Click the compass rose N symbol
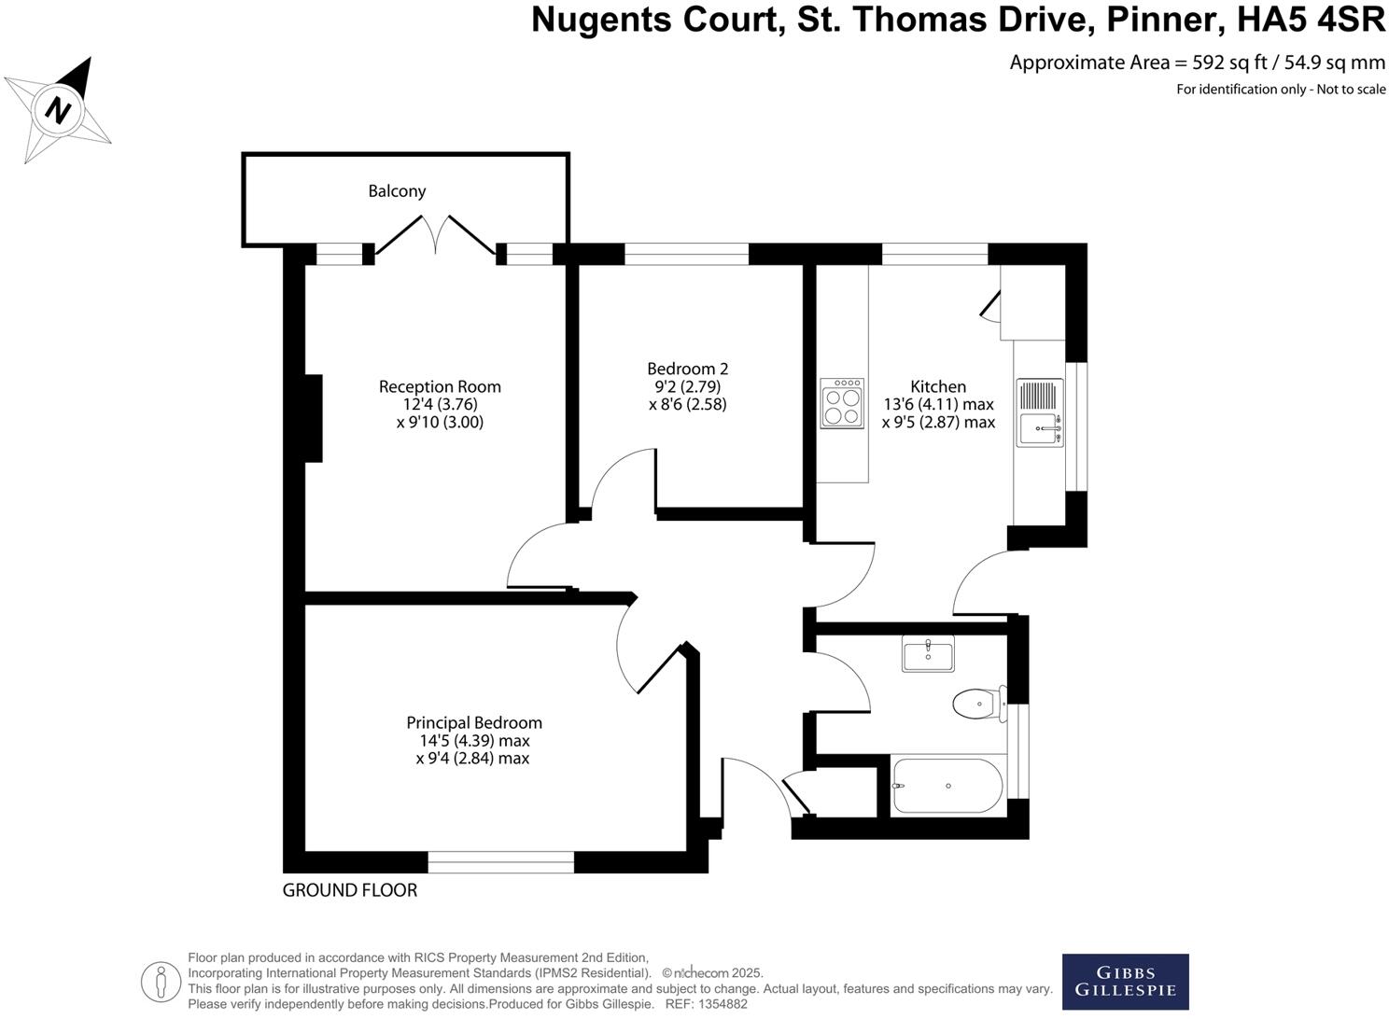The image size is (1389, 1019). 60,109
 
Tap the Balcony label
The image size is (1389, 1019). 397,191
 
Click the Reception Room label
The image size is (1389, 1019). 440,386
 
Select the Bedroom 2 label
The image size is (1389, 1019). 687,369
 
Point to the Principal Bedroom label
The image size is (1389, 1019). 474,722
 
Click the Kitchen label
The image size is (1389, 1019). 938,386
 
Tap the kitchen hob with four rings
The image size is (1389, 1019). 843,403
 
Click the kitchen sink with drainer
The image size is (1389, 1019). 1040,412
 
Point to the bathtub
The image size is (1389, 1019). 947,786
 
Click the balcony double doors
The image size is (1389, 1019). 436,235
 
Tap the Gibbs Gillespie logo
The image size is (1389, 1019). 1125,982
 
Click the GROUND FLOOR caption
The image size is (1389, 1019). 350,890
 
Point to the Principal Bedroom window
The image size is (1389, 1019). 501,862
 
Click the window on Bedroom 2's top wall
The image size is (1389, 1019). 686,254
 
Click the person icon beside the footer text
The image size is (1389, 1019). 161,982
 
